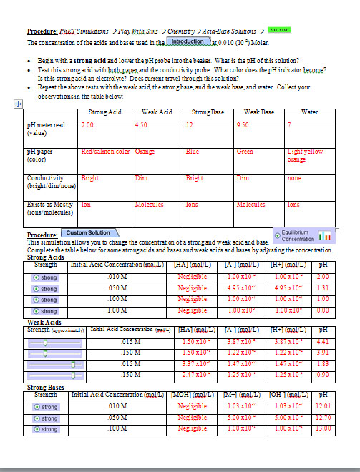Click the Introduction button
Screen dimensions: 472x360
tap(187, 41)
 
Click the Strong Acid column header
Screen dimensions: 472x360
tap(105, 112)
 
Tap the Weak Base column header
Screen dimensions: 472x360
tap(258, 112)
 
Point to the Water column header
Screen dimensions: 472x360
tap(310, 112)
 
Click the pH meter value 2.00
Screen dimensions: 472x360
tap(88, 125)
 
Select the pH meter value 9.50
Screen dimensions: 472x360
tap(243, 125)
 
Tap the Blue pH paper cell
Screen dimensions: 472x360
tap(193, 152)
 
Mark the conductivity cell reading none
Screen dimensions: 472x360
tap(294, 177)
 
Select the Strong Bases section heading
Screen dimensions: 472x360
tap(47, 387)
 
